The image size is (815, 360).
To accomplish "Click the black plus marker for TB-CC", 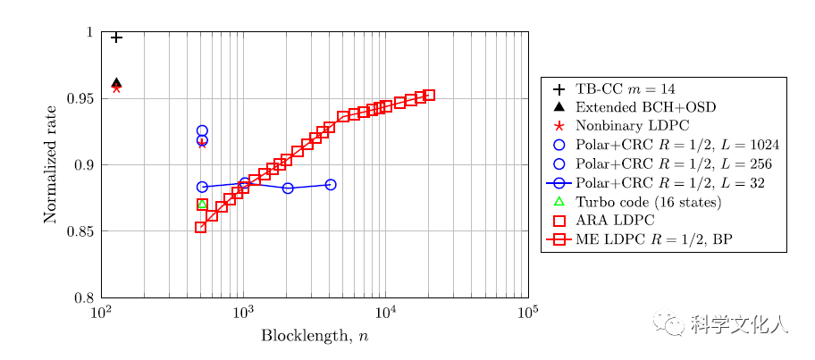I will coord(116,38).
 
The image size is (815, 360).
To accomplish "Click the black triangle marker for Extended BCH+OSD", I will coord(116,82).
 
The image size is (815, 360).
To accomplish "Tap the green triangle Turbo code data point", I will coord(202,205).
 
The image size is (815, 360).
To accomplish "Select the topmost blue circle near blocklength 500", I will coord(202,131).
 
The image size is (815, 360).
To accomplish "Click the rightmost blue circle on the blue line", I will coord(331,185).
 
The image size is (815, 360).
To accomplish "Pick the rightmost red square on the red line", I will coord(430,95).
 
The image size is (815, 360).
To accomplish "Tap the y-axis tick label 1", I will coord(90,32).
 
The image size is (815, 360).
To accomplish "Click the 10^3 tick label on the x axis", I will coord(243,311).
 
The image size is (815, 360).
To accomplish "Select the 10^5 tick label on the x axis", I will coord(527,311).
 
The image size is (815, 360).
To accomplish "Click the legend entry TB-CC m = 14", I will coord(627,89).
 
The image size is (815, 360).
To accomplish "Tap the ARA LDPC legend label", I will coord(615,221).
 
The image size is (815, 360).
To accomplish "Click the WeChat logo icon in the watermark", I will coord(670,323).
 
